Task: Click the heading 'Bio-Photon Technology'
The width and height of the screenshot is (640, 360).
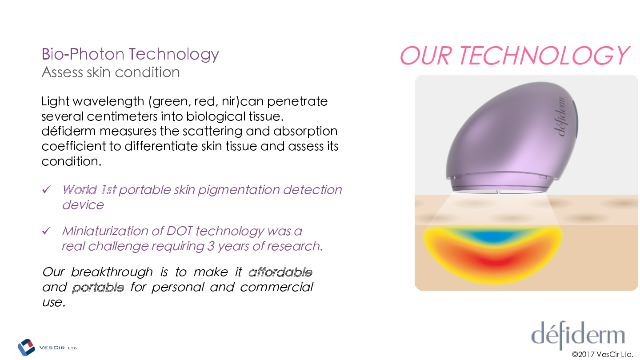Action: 130,54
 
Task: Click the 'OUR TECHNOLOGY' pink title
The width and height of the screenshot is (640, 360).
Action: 514,56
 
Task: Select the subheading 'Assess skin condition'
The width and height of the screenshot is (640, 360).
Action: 111,72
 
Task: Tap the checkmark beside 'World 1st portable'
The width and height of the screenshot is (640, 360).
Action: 46,189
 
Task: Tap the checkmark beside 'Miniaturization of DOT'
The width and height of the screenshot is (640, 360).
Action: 46,230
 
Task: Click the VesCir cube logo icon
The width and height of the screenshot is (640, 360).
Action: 26,347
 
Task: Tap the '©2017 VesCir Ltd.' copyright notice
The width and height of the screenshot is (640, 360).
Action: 602,355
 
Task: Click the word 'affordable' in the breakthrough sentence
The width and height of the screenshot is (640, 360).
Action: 280,272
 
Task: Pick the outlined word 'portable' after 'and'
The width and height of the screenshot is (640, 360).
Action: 98,288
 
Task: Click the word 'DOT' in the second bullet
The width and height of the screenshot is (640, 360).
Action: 180,231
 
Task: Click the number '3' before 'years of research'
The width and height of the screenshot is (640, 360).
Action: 211,246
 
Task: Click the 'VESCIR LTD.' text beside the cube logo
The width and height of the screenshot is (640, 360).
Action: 59,348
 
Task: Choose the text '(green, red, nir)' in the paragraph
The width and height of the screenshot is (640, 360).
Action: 194,102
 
